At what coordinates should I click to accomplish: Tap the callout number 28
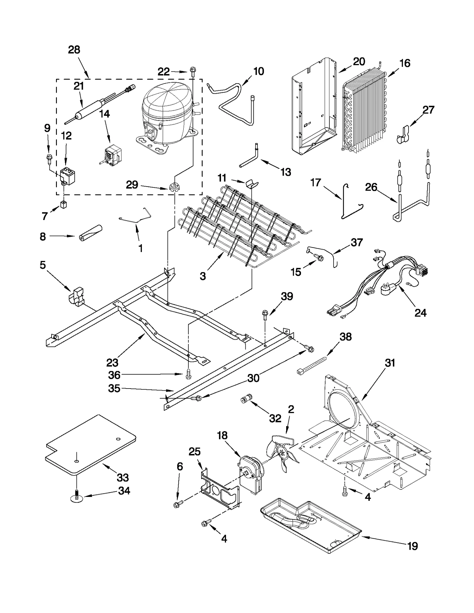click(74, 50)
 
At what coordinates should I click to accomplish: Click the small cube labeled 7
click(63, 204)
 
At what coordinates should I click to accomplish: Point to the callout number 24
click(420, 313)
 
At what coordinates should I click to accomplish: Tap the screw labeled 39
click(265, 314)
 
